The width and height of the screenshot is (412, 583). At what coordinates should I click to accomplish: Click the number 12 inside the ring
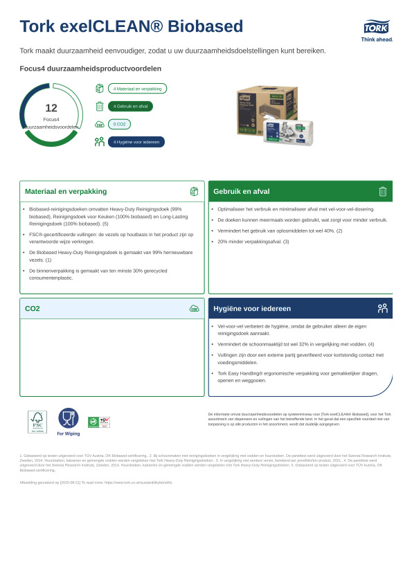coord(51,108)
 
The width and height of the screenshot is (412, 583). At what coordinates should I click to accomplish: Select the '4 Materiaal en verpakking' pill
coord(137,89)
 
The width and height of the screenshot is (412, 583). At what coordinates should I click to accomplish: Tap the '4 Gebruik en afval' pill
coord(130,106)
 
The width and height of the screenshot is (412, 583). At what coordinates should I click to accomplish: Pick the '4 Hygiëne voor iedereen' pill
coord(136,142)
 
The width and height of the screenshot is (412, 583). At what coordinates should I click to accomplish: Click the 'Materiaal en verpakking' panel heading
coord(66,191)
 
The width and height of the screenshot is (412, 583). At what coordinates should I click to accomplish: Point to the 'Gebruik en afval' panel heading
coord(242,191)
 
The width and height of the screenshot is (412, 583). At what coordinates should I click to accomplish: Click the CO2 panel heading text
coord(33,308)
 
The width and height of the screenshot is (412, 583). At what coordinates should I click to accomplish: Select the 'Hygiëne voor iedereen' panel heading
coord(252,308)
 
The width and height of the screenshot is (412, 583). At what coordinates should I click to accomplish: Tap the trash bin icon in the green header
coord(382,191)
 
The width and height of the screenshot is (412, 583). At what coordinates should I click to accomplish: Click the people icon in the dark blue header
coord(382,308)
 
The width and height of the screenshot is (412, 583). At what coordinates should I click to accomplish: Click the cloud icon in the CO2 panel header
coord(194,308)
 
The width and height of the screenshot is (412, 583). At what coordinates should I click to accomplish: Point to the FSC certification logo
coord(37,422)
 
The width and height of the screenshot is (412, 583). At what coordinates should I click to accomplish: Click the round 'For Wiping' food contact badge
coord(69,419)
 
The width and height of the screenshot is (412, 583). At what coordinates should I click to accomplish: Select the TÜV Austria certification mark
coord(99,422)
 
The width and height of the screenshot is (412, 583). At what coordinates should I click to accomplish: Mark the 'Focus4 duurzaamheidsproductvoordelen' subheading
coord(91,69)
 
